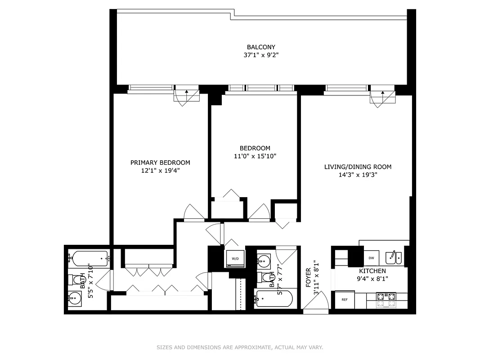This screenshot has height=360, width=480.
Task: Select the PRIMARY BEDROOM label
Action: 160,162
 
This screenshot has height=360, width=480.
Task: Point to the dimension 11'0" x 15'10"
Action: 255,156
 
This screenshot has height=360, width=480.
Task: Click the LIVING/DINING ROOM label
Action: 358,167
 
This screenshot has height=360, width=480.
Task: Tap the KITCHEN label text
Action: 372,271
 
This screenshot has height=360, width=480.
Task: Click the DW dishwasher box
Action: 371,258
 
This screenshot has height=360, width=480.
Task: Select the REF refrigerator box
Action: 345,300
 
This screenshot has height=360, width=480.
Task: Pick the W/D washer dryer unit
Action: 235,259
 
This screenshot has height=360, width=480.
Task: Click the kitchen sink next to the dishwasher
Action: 393,258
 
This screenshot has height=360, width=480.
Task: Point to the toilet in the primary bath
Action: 74,280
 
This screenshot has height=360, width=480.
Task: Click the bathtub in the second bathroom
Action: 274,298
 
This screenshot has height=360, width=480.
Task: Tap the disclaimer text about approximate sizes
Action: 240,347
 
